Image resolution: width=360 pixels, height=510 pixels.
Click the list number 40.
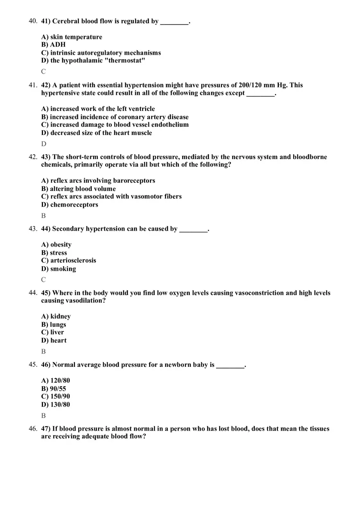point(33,21)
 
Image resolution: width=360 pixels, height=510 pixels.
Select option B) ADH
point(53,45)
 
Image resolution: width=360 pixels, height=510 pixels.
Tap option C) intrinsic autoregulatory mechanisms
point(101,53)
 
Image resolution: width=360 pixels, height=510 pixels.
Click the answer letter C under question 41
point(43,72)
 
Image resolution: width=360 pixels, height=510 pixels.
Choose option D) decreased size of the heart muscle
point(97,133)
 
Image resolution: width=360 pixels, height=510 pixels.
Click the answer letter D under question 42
point(44,144)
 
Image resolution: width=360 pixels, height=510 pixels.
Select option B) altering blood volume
point(79,189)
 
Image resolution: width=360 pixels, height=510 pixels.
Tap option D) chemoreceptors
point(70,204)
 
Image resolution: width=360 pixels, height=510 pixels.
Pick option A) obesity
point(56,245)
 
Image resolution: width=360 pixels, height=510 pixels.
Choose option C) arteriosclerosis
point(69,261)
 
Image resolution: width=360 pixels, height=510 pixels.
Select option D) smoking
point(59,269)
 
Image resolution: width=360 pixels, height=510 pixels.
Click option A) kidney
point(56,316)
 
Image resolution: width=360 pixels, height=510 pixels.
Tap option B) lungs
point(54,324)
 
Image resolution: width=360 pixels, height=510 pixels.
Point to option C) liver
point(53,332)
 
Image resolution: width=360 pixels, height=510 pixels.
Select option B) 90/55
point(54,389)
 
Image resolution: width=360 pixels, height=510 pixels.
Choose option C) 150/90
point(56,396)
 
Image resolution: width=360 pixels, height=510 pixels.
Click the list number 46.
point(33,429)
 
